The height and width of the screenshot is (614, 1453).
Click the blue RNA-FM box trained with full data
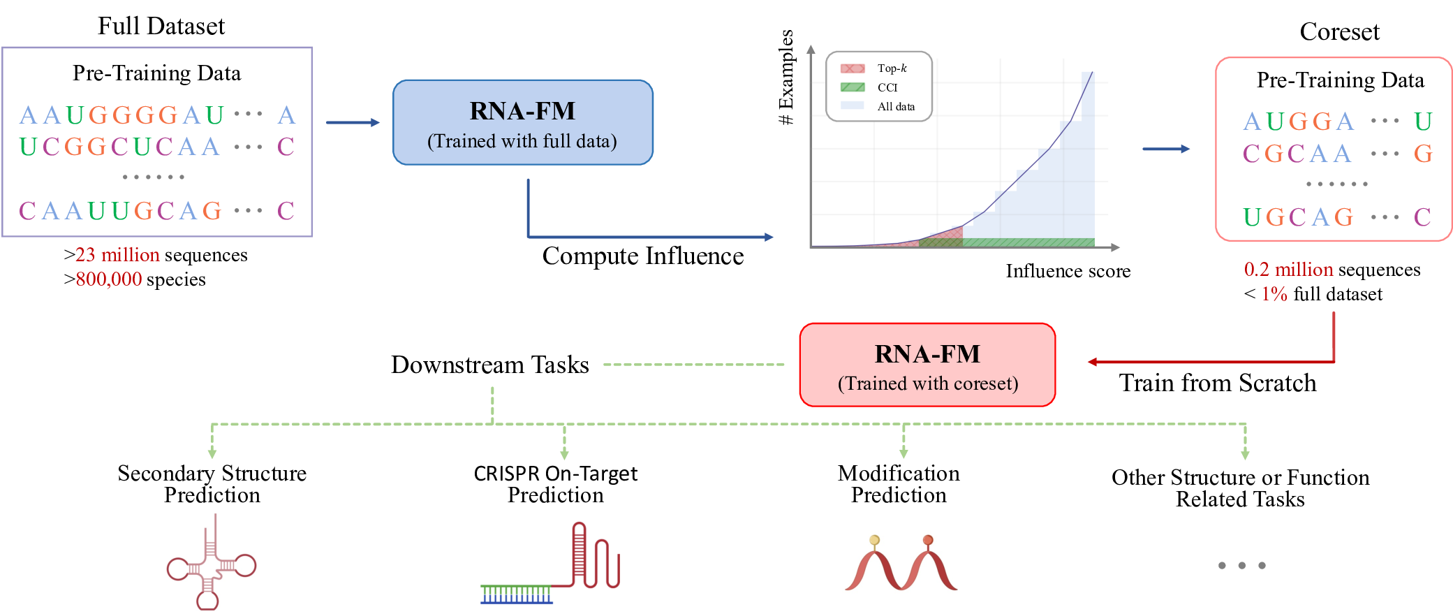pos(522,123)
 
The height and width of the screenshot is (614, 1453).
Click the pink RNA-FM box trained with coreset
pos(927,365)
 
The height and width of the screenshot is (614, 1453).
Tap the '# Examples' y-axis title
pos(787,77)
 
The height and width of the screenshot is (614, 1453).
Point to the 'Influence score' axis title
pos(1068,271)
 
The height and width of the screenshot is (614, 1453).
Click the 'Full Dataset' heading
pos(161,27)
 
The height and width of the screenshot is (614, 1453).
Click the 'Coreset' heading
pos(1338,32)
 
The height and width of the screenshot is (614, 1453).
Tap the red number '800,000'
pos(109,279)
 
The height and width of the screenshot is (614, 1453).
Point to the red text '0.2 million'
pos(1288,270)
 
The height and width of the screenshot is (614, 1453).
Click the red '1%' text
pos(1274,294)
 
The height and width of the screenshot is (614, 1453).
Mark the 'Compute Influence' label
pos(642,256)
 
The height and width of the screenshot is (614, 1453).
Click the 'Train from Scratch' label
pos(1217,383)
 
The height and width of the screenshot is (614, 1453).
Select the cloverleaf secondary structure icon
pos(211,566)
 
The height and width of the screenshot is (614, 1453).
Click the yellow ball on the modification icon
pos(874,540)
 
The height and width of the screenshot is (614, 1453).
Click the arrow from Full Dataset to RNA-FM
pos(353,123)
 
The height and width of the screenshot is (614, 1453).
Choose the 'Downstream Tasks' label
pos(489,365)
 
